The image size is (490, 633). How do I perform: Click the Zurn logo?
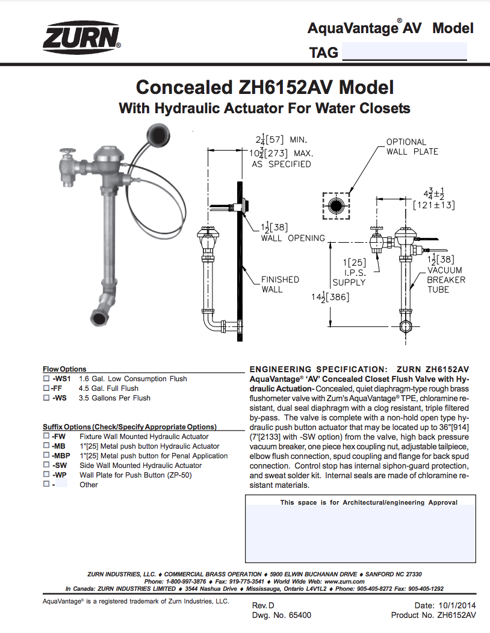click(x=81, y=39)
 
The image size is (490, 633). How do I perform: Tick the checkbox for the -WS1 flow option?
click(x=46, y=379)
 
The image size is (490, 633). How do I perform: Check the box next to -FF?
click(x=46, y=388)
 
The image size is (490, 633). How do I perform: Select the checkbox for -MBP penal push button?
click(x=46, y=455)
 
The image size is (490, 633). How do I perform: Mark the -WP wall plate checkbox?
click(x=46, y=475)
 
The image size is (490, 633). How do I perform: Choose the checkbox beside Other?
click(x=46, y=484)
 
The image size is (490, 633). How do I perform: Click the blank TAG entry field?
click(x=405, y=51)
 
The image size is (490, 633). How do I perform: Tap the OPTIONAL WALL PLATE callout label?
click(x=412, y=147)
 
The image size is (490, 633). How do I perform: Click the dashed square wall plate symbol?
click(x=336, y=206)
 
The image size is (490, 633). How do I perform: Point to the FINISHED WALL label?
click(x=280, y=284)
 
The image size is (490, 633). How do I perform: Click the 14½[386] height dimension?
click(x=330, y=297)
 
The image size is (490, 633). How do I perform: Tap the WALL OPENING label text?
click(x=293, y=238)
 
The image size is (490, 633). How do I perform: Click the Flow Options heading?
click(x=64, y=369)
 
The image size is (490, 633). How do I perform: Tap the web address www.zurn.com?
click(x=344, y=581)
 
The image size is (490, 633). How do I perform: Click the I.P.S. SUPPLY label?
click(x=349, y=278)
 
